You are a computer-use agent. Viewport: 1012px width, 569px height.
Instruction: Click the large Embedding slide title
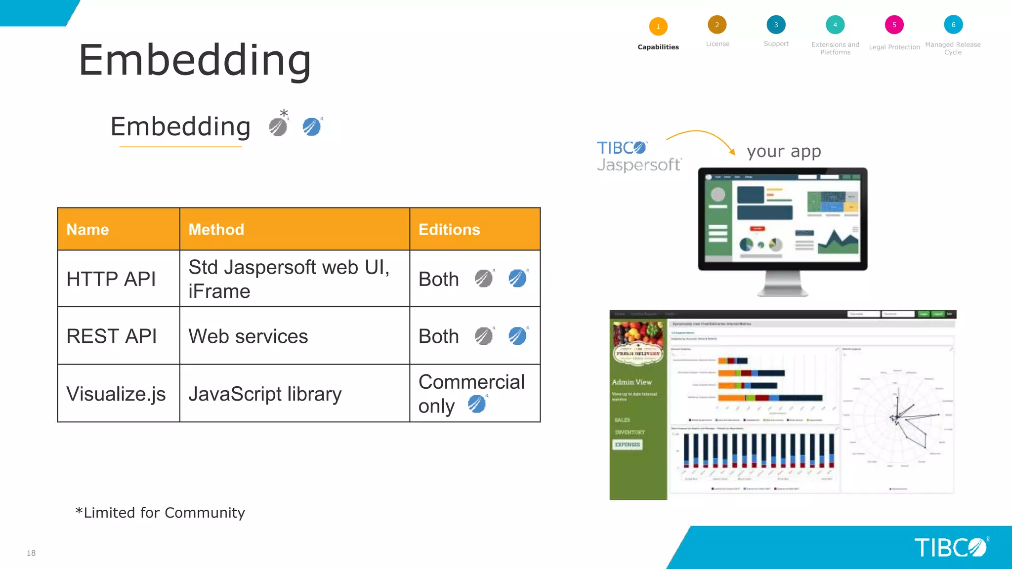click(x=195, y=60)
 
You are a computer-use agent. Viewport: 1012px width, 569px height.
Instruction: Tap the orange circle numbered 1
click(x=658, y=27)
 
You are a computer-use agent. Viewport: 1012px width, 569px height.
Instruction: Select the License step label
click(x=717, y=44)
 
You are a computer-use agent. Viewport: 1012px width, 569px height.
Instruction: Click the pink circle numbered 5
click(x=894, y=25)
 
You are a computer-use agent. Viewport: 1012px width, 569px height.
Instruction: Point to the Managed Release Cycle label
click(x=953, y=48)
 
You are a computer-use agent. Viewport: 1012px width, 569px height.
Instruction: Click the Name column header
click(x=88, y=230)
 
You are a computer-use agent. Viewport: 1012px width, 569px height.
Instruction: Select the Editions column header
click(x=449, y=230)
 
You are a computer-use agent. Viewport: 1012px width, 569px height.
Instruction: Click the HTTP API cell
click(x=111, y=279)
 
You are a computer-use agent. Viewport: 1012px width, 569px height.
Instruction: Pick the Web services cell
click(x=248, y=336)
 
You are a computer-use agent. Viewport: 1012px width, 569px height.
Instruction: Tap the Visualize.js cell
click(x=116, y=394)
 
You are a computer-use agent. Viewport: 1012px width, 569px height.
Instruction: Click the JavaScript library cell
click(x=265, y=394)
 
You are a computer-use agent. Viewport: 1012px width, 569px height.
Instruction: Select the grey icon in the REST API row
click(x=484, y=336)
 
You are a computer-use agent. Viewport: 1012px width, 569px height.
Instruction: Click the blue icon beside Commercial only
click(x=477, y=404)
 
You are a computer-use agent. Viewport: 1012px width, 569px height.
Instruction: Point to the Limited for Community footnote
click(x=160, y=513)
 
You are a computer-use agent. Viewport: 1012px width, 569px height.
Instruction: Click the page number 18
click(x=31, y=553)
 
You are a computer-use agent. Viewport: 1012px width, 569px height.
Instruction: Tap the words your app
click(x=784, y=151)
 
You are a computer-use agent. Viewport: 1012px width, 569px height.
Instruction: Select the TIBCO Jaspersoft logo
click(x=638, y=156)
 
